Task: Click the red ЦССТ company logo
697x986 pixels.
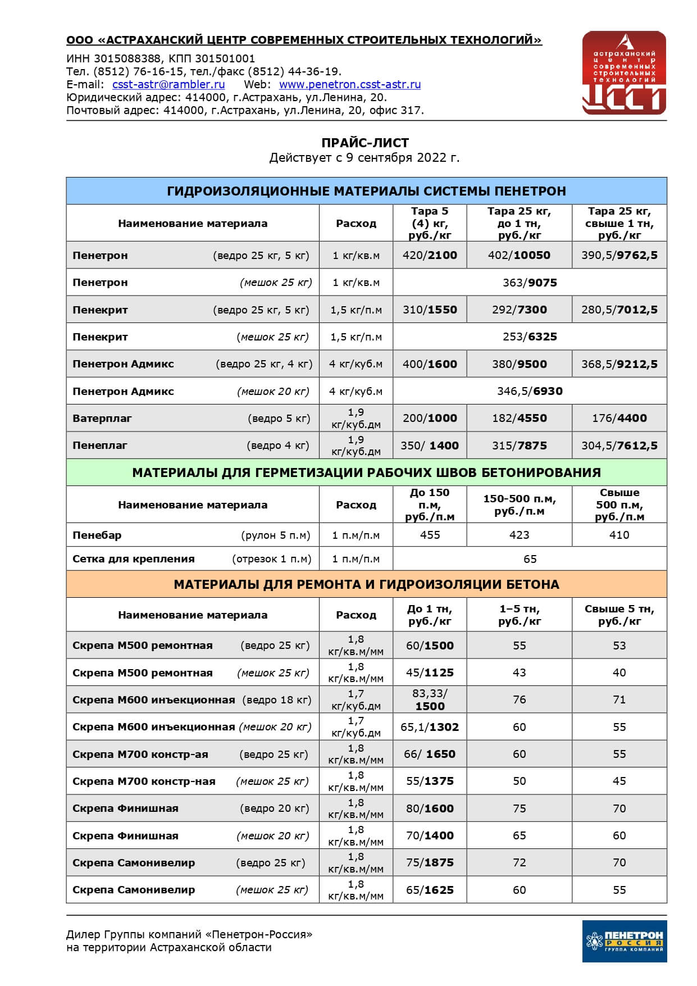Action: click(624, 73)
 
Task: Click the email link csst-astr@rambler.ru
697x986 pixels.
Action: click(168, 85)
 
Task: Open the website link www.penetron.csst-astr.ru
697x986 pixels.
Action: click(349, 85)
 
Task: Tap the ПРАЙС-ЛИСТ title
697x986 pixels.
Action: click(365, 143)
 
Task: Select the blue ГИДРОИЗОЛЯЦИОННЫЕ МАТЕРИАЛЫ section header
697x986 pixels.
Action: click(366, 191)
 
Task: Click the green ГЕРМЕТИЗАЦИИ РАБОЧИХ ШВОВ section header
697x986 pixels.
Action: click(366, 472)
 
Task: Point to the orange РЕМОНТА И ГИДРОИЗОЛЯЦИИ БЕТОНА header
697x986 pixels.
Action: click(366, 584)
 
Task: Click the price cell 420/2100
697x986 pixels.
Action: click(430, 256)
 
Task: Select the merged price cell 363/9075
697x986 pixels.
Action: click(530, 283)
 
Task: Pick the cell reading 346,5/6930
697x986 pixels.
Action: click(530, 391)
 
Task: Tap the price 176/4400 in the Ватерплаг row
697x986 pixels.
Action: click(619, 418)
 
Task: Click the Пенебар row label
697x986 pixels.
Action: click(97, 535)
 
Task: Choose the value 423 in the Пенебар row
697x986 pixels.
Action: click(519, 535)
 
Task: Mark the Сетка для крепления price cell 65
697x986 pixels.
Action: click(530, 559)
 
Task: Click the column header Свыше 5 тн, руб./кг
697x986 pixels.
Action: click(619, 615)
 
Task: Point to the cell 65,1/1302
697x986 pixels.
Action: click(430, 727)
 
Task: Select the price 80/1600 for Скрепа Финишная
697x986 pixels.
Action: click(430, 808)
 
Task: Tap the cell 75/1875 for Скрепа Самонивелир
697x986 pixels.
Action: click(430, 862)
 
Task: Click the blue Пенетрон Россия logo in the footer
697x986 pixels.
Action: click(624, 941)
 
